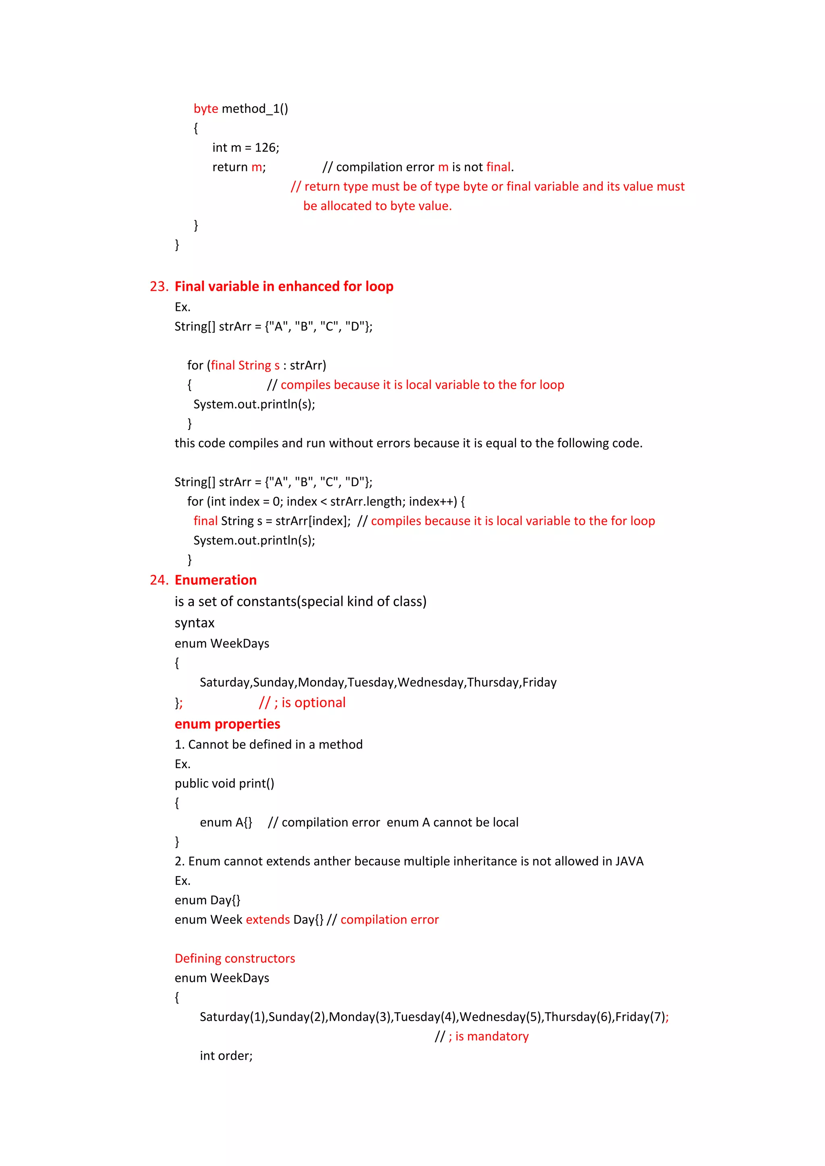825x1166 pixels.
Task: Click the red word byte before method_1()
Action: click(x=206, y=109)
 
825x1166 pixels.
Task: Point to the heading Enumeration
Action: click(x=216, y=580)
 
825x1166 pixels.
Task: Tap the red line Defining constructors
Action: click(x=235, y=958)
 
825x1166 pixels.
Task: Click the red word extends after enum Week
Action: click(x=268, y=920)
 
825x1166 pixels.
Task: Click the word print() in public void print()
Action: click(x=257, y=784)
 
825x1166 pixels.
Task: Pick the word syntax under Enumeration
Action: click(x=195, y=623)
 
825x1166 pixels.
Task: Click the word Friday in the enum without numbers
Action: click(x=539, y=682)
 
